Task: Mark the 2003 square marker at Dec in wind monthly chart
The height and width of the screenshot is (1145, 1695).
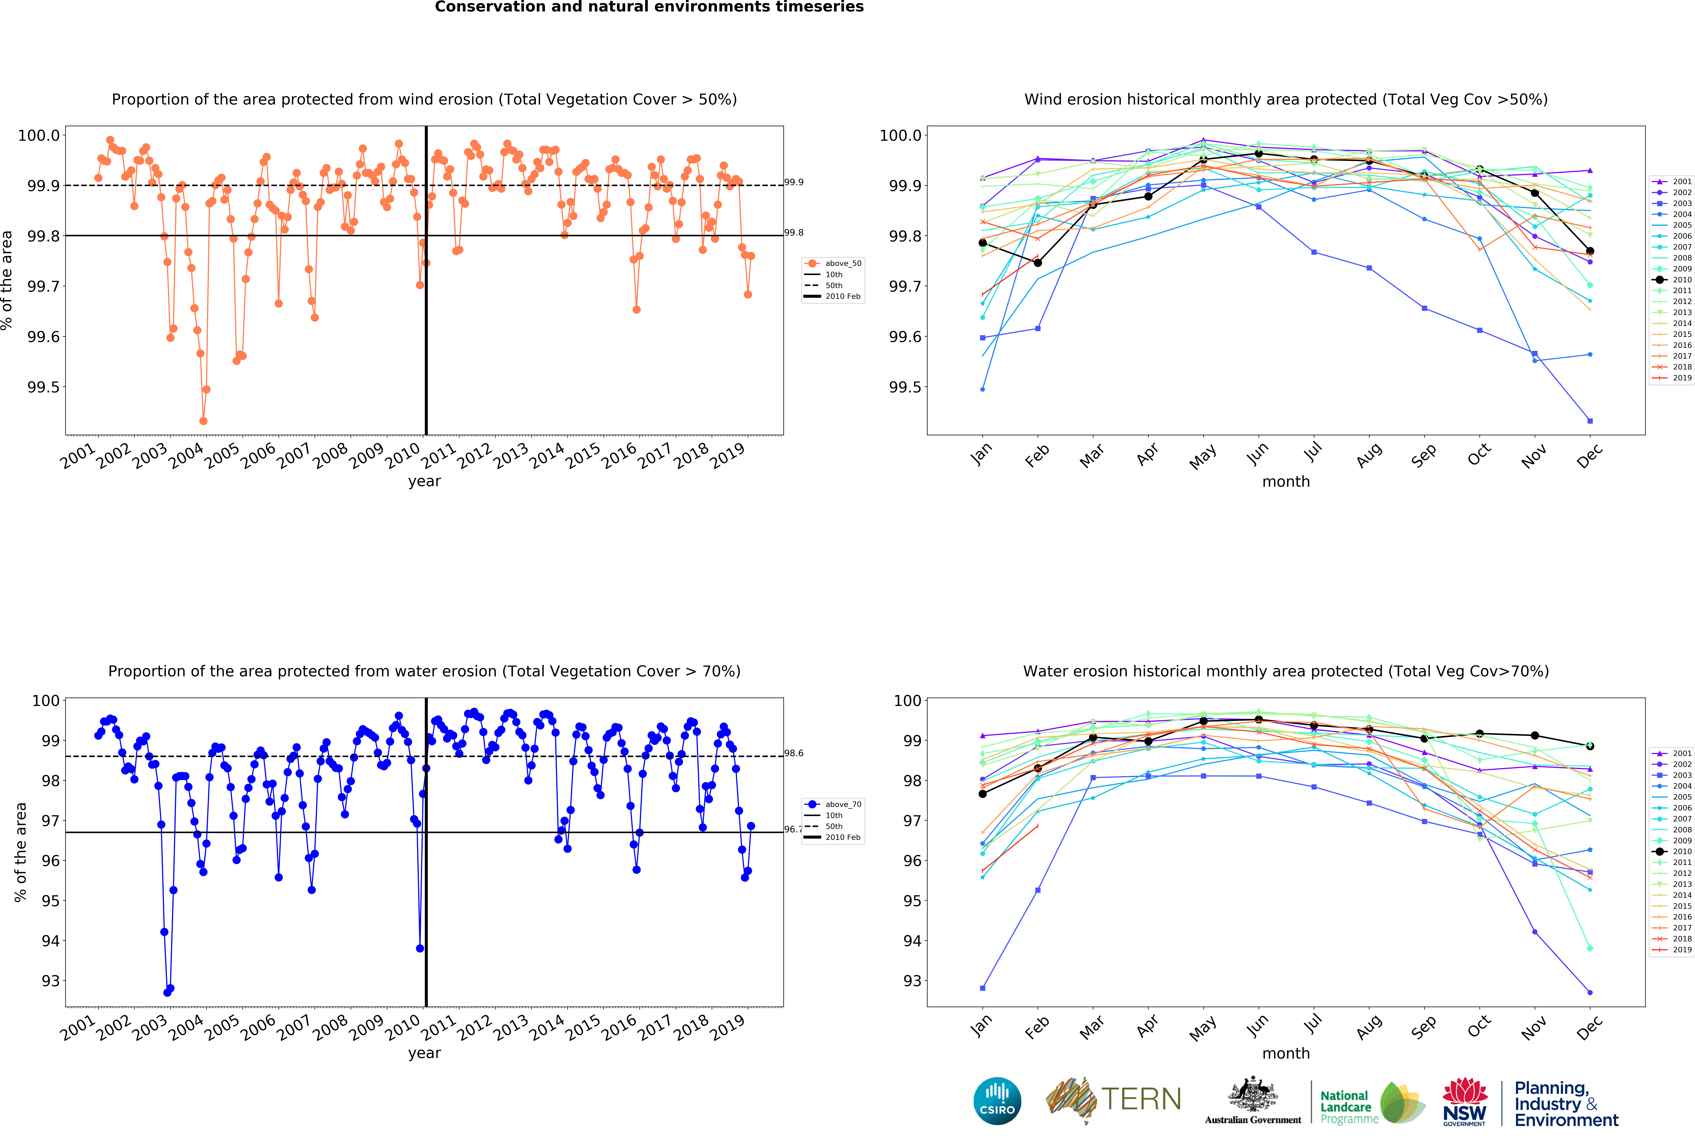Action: [1590, 421]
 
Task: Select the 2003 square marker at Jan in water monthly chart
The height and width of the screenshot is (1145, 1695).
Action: [982, 988]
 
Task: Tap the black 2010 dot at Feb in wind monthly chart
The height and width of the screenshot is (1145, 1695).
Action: [1038, 263]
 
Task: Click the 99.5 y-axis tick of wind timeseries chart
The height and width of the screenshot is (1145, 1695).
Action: [43, 387]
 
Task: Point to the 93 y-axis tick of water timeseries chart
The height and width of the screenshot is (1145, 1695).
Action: [50, 981]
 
